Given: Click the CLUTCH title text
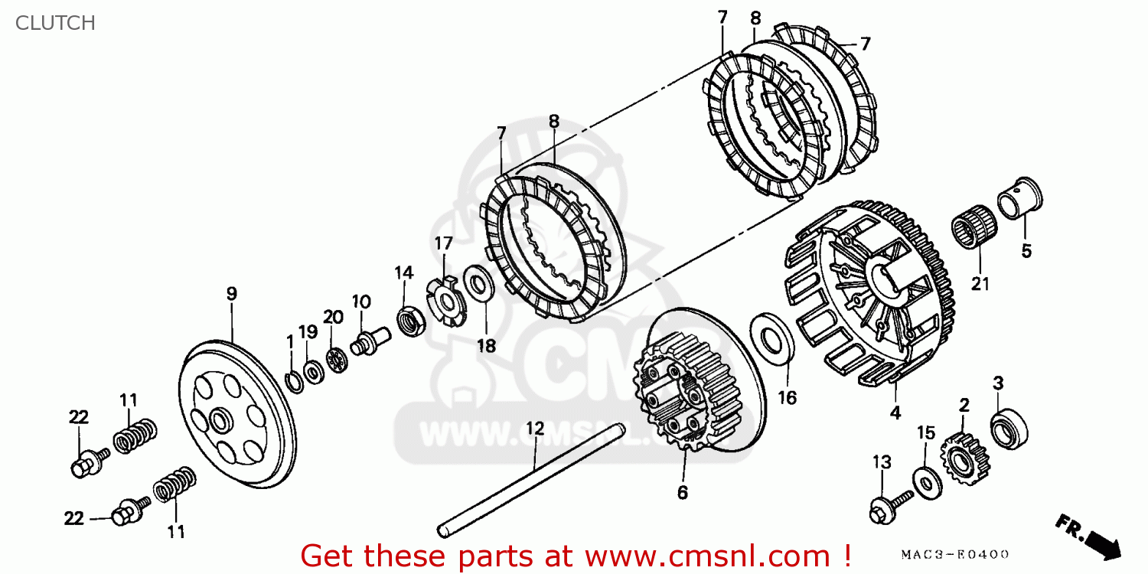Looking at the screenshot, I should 54,23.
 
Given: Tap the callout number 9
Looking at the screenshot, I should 231,293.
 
